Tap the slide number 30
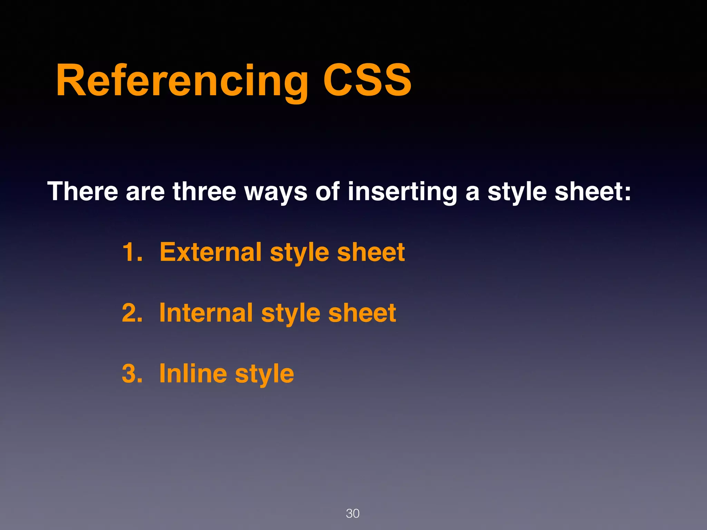coord(352,513)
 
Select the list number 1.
coord(132,252)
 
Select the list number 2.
coord(132,313)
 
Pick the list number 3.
coord(132,374)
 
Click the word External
coord(210,252)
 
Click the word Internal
coord(206,313)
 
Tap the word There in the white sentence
coord(83,192)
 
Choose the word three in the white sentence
coord(204,192)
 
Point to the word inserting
coord(402,192)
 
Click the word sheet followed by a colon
coord(592,192)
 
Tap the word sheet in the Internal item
coord(362,313)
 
